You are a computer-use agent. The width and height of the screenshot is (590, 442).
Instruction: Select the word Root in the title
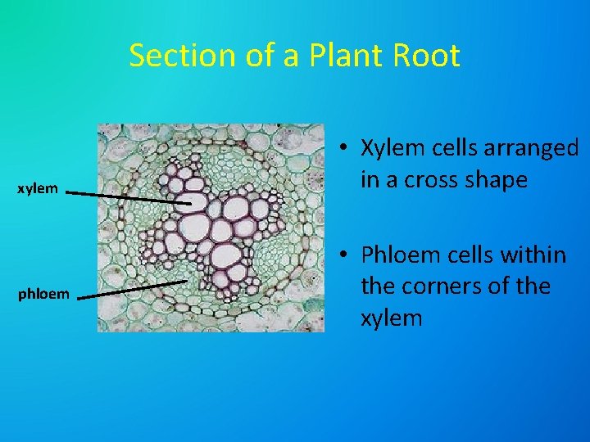(429, 56)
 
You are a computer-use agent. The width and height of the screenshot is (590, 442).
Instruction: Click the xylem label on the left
(39, 189)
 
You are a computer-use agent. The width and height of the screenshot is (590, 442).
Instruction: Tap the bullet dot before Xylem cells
(347, 149)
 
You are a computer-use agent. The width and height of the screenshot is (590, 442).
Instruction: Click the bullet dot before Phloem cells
(347, 256)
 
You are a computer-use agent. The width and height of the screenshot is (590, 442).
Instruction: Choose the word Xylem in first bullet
(391, 148)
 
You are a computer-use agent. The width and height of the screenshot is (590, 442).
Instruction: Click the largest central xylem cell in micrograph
(195, 223)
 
